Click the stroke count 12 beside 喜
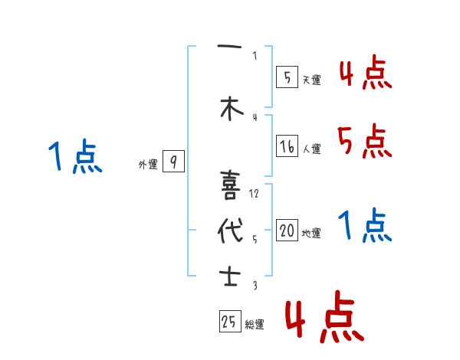pyautogui.click(x=255, y=193)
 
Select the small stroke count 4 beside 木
pyautogui.click(x=254, y=116)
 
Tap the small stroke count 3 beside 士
pyautogui.click(x=254, y=285)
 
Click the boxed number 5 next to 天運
pyautogui.click(x=286, y=76)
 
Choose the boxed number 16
pyautogui.click(x=287, y=146)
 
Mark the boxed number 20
pyautogui.click(x=287, y=230)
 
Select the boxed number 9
pyautogui.click(x=174, y=162)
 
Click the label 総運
pyautogui.click(x=255, y=325)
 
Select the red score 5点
pyautogui.click(x=364, y=141)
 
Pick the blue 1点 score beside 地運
pyautogui.click(x=364, y=225)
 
